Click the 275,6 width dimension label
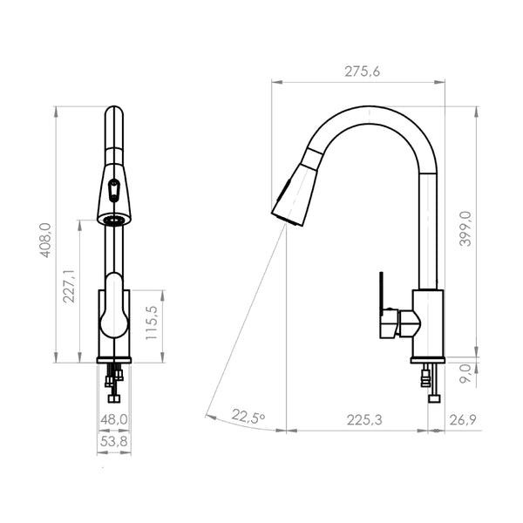tap(363, 71)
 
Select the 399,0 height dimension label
tap(465, 228)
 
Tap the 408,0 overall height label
tap(45, 241)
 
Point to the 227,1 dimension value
tap(70, 286)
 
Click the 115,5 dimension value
tap(152, 323)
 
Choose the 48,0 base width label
tap(114, 419)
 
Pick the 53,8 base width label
tap(114, 442)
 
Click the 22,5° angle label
tap(248, 416)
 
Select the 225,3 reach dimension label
tap(364, 420)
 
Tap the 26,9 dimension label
tap(463, 420)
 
